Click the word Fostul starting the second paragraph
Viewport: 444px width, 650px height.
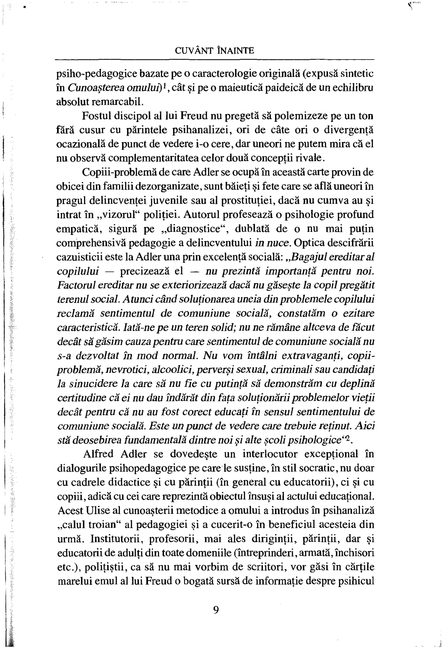point(95,116)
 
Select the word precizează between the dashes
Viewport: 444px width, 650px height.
point(152,271)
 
